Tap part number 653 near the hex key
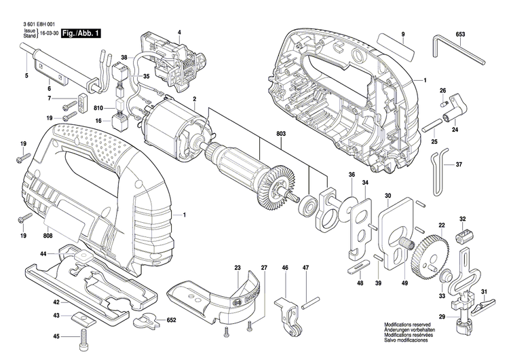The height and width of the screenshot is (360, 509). [x=461, y=34]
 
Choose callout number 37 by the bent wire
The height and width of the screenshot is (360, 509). [x=459, y=165]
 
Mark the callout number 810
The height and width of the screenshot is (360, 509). [x=99, y=109]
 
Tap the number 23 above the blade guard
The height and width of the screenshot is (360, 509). [x=238, y=268]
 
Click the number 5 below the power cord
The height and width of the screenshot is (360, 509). [x=26, y=75]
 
